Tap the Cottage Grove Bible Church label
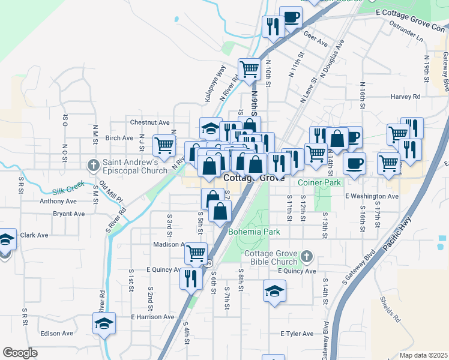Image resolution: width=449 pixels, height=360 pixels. pos(271,257)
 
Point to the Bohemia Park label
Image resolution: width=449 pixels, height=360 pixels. pos(254,231)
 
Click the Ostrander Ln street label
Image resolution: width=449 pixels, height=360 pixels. pos(406,28)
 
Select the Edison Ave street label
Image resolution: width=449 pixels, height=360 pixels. pos(56,334)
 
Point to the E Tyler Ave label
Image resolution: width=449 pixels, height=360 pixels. pos(297,334)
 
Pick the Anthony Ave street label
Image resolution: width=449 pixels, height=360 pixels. pos(58,202)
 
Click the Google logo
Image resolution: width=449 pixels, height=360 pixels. pos(20,352)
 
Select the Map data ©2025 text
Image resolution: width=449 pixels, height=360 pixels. pos(423,355)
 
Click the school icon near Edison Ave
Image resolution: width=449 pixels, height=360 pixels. pos(104,323)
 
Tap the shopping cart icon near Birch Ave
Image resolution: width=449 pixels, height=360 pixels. pos(164,145)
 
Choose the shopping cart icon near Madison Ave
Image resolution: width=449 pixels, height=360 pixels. pos(196,253)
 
